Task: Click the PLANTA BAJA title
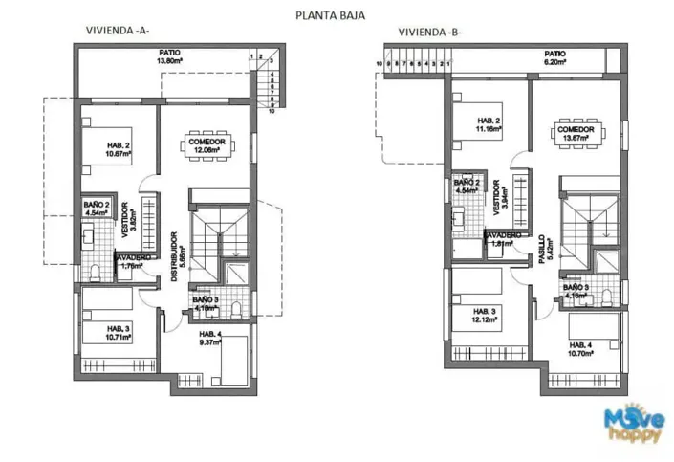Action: (330, 15)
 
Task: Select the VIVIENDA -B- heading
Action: (430, 32)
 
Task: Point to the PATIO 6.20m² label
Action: (554, 57)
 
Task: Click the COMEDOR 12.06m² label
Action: (206, 145)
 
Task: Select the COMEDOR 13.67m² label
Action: (576, 134)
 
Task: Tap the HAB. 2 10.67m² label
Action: (118, 149)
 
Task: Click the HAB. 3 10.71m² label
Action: (118, 334)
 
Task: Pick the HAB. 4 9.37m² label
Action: (209, 338)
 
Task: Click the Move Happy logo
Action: (634, 424)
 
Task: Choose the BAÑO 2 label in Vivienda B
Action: (467, 186)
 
